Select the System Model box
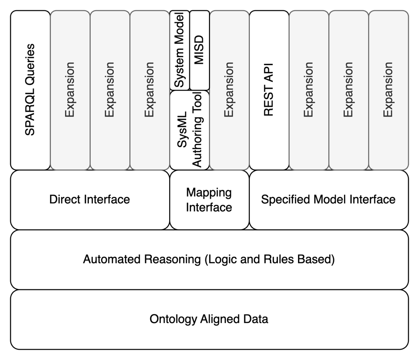pyautogui.click(x=180, y=50)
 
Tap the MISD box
pyautogui.click(x=199, y=50)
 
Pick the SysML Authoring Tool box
pyautogui.click(x=189, y=130)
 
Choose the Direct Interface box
pyautogui.click(x=90, y=199)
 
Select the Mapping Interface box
pyautogui.click(x=209, y=200)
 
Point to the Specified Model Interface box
pyautogui.click(x=328, y=199)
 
